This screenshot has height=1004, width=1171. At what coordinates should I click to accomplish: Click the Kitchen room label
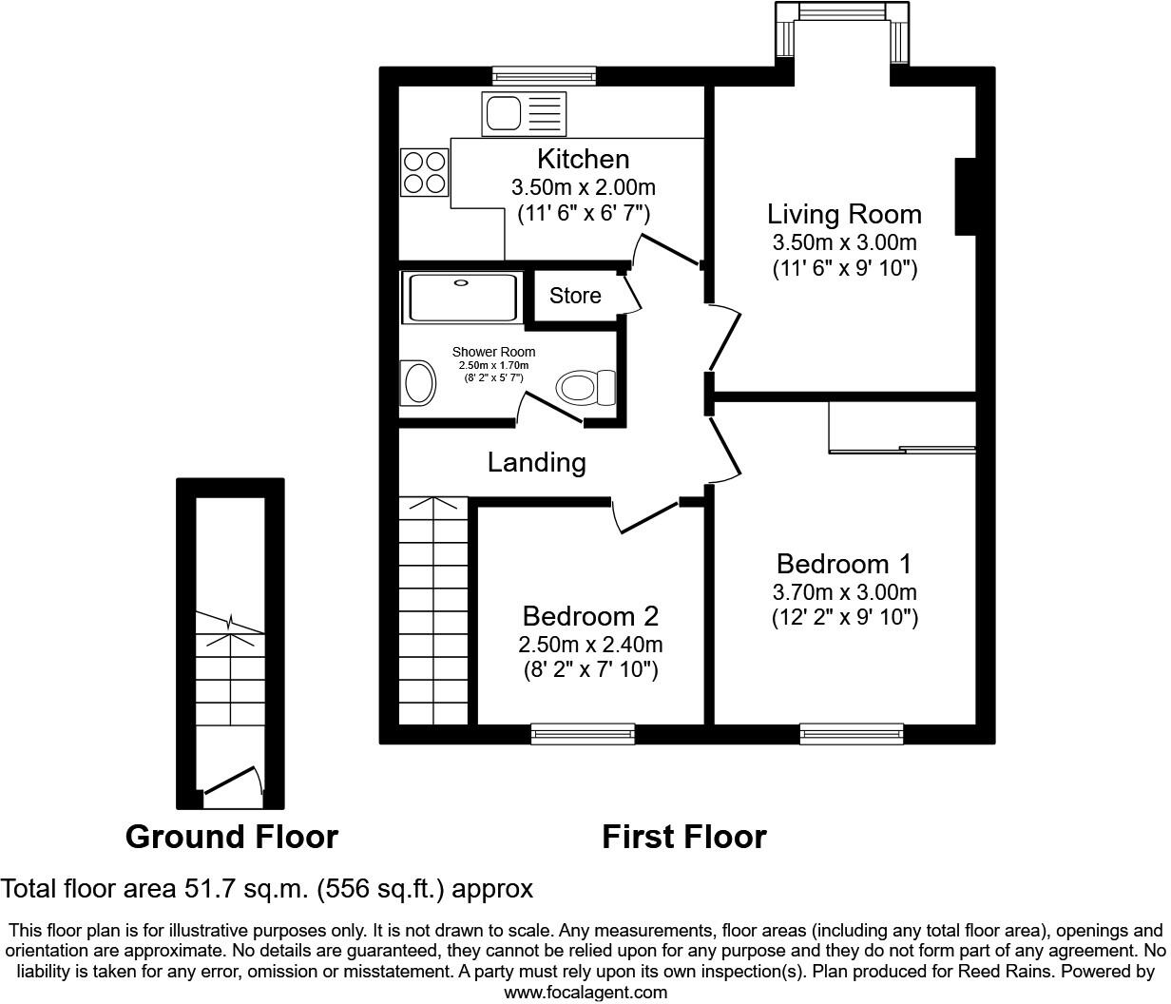pos(583,159)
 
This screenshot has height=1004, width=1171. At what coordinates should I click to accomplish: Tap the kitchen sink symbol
pos(525,114)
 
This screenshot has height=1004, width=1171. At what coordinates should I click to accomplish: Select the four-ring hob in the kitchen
pos(424,172)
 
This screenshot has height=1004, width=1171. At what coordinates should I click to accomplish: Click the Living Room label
pos(844,214)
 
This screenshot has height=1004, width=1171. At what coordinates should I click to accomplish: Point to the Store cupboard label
pos(575,296)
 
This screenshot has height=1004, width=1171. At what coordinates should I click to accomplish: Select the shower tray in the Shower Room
pos(462,298)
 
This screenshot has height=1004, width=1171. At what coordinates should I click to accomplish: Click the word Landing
pos(536,463)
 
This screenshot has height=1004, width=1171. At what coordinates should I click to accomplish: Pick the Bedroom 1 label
pos(844,564)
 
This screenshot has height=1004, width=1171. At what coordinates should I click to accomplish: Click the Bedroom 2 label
pos(590,616)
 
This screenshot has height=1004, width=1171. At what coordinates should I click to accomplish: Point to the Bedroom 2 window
pos(583,733)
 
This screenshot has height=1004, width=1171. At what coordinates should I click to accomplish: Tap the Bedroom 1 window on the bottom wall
pos(851,733)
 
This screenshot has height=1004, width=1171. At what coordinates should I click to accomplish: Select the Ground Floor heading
pos(231,837)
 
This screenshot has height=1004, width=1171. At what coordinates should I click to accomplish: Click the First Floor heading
pos(683,837)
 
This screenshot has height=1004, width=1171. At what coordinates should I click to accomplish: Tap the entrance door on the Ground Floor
pos(231,781)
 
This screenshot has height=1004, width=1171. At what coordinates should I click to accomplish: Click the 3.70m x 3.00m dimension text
pos(844,591)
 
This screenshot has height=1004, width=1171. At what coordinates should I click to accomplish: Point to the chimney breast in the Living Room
pos(965,196)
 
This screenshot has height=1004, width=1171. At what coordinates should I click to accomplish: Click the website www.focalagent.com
pos(585,993)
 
